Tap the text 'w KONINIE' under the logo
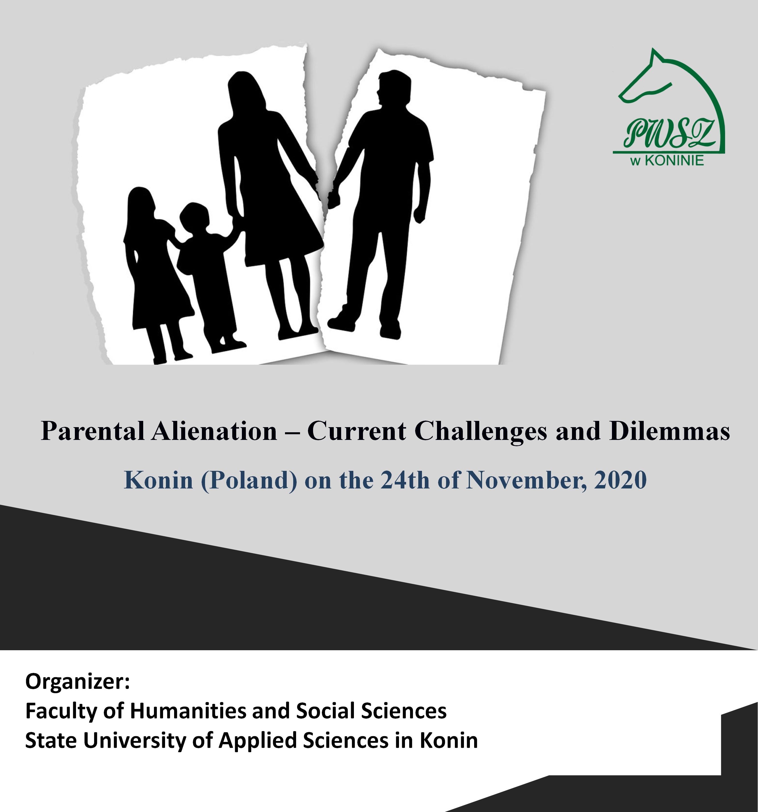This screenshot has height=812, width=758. (667, 161)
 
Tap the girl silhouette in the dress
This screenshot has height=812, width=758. (157, 274)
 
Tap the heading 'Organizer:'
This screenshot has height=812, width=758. (77, 683)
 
